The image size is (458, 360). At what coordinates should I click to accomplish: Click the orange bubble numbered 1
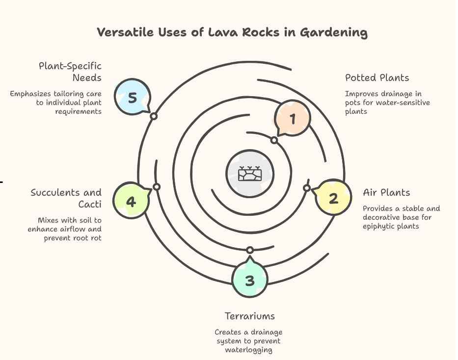pos(293,118)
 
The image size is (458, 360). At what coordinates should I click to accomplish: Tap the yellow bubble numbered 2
pos(333,199)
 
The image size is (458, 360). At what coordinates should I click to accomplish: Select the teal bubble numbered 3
pos(250,280)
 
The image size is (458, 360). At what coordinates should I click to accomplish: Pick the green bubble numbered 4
pos(131,201)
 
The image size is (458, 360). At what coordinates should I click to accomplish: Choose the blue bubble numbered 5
pos(132,97)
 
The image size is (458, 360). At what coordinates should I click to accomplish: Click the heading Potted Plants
pos(377,78)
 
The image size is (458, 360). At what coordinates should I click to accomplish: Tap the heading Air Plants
pos(386,193)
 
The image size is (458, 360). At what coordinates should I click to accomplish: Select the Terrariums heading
pos(249,316)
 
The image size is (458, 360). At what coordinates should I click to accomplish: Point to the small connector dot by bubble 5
pos(154,116)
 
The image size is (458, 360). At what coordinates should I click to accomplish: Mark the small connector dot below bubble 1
pos(274,140)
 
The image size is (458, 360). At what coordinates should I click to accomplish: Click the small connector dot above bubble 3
pos(250,250)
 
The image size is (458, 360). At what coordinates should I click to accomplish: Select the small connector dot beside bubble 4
pos(157,187)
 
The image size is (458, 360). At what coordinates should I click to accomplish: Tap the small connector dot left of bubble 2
pos(307,188)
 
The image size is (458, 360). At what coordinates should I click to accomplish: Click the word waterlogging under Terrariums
pos(248,350)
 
